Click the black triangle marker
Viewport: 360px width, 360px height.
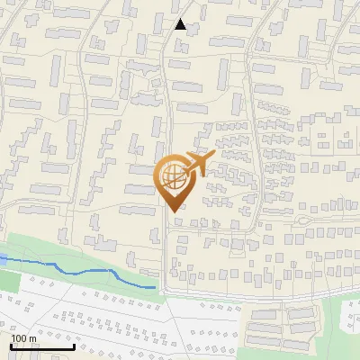181,24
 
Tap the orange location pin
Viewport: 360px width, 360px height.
176,180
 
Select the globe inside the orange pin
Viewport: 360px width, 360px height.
175,175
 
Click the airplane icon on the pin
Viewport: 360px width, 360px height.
194,164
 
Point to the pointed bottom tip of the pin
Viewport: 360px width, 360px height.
173,211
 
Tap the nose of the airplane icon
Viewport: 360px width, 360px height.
208,155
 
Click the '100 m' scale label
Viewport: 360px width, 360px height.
23,338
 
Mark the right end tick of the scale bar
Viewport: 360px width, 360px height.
74,345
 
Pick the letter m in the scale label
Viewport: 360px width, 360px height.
31,338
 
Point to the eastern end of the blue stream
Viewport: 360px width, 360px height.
156,287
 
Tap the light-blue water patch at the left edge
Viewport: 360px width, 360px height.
3,259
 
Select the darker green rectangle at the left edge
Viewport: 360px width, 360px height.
7,279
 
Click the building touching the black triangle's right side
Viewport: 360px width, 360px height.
192,25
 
